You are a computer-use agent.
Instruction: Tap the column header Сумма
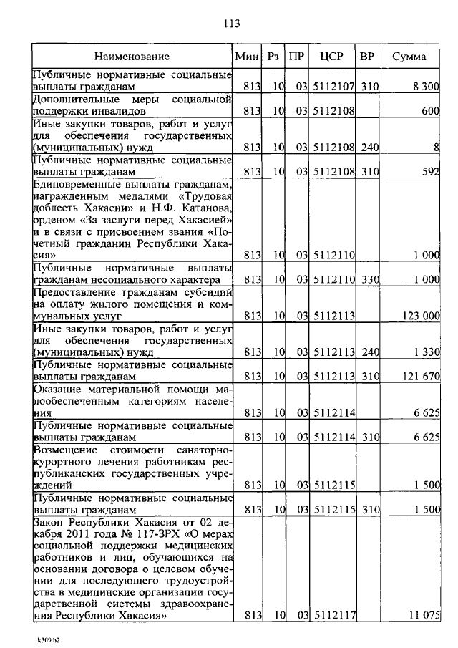pyautogui.click(x=409, y=57)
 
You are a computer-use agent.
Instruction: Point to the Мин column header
pyautogui.click(x=246, y=57)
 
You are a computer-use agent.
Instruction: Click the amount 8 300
pyautogui.click(x=425, y=87)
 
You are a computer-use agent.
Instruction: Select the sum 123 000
pyautogui.click(x=419, y=315)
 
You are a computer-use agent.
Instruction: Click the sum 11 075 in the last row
pyautogui.click(x=424, y=615)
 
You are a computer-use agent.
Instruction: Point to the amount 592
pyautogui.click(x=429, y=172)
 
